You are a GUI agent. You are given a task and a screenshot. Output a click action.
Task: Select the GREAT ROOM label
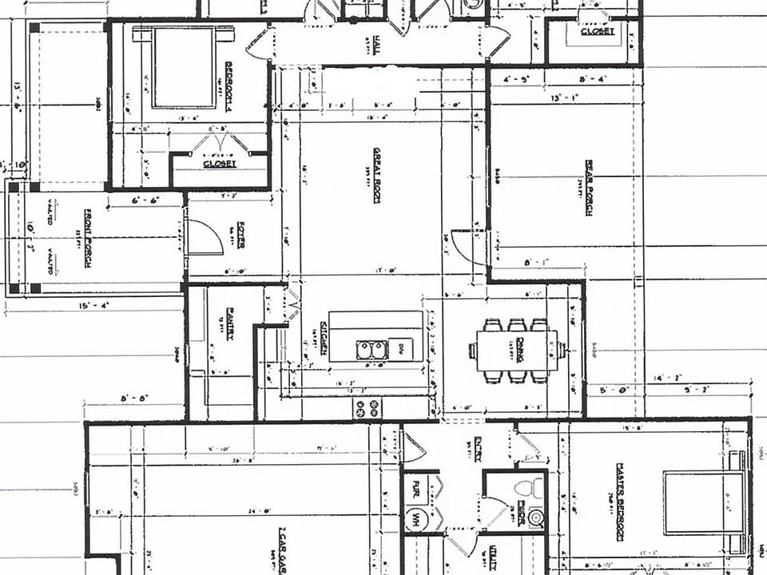pyautogui.click(x=375, y=174)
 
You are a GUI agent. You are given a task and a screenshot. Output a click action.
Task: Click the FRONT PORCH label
pyautogui.click(x=88, y=238)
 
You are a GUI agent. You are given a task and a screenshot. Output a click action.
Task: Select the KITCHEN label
pyautogui.click(x=324, y=336)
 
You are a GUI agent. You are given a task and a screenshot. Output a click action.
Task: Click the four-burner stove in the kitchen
pyautogui.click(x=368, y=408)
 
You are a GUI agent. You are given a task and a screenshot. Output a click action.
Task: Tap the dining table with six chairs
pyautogui.click(x=516, y=350)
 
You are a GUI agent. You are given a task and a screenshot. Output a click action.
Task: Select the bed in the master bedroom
pyautogui.click(x=703, y=502)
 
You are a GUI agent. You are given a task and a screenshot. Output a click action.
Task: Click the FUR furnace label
pyautogui.click(x=416, y=485)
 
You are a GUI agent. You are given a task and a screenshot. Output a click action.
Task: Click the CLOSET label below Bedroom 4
pyautogui.click(x=219, y=163)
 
